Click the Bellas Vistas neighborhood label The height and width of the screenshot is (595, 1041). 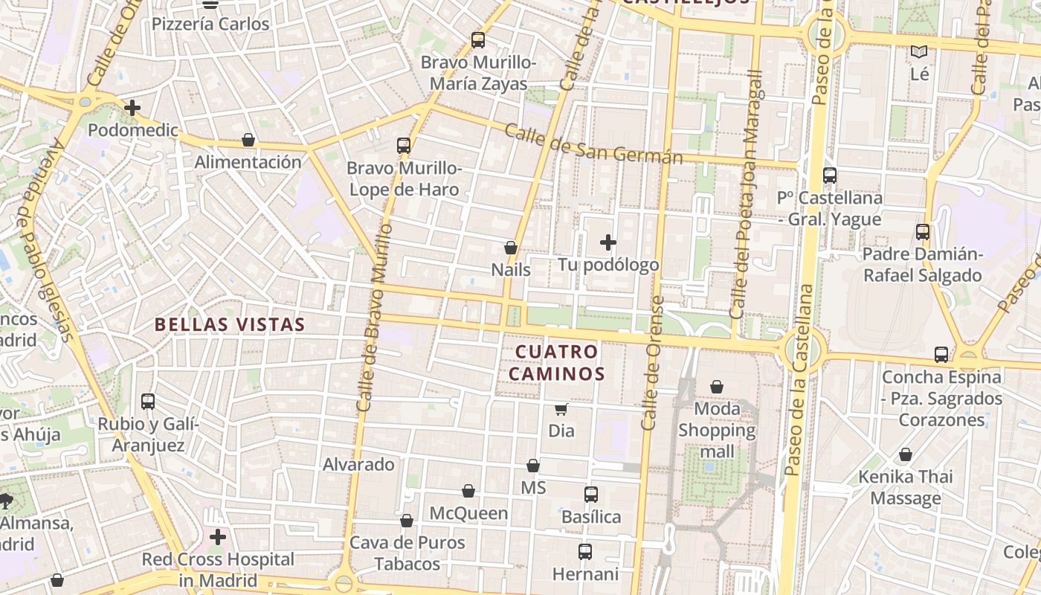(x=230, y=324)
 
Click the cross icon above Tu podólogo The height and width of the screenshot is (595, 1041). (x=608, y=242)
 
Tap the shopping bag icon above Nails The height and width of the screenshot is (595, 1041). (x=511, y=248)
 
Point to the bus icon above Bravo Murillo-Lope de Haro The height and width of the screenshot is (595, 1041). (x=404, y=146)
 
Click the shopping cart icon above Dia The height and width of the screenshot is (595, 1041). (x=561, y=409)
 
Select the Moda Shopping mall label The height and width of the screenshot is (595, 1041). (x=717, y=430)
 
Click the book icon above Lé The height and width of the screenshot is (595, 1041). (x=920, y=52)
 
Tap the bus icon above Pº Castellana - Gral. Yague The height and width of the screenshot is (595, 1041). (x=830, y=176)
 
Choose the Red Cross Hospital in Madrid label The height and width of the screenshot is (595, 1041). (x=218, y=569)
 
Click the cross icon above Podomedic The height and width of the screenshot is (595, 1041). (x=132, y=108)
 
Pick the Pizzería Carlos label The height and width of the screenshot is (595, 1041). (x=210, y=24)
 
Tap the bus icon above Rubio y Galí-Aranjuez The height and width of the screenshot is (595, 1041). (x=148, y=402)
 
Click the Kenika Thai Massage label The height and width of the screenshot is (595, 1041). (x=905, y=486)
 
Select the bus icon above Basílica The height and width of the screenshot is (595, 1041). (x=591, y=494)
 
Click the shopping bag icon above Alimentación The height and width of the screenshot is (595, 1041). (x=248, y=141)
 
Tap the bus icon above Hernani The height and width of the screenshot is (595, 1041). (x=585, y=552)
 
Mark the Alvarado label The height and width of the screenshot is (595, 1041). (x=358, y=465)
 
